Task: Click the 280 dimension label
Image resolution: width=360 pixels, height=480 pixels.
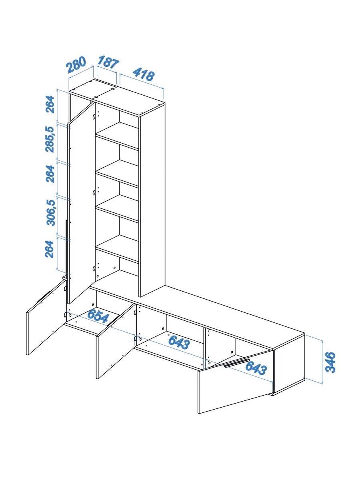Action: (76, 64)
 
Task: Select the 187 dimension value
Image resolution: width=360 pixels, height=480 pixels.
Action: (108, 62)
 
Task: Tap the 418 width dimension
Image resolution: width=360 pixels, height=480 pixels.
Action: (144, 74)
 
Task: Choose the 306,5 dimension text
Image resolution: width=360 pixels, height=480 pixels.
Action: (51, 212)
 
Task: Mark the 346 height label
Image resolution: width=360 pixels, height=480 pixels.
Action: (330, 362)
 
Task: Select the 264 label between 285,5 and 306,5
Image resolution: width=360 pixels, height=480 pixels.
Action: (50, 174)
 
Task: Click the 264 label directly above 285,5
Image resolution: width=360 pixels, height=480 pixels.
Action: (50, 104)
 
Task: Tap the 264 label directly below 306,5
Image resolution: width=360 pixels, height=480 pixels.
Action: (49, 249)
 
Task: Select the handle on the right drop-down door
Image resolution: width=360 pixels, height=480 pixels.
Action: (236, 363)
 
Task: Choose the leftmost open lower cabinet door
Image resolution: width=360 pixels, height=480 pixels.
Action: (46, 317)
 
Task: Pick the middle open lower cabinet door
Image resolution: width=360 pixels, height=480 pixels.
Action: (116, 341)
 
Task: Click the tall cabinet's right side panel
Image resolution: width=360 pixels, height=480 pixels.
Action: (152, 200)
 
